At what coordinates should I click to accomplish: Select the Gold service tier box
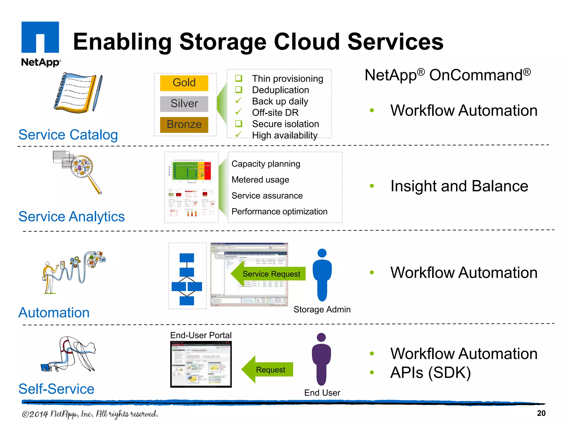pos(184,83)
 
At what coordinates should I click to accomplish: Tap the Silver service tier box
pos(184,104)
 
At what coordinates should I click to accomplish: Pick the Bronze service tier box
pos(184,125)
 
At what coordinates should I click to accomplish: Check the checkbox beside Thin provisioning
pos(238,78)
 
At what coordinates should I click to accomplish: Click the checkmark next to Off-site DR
pos(238,112)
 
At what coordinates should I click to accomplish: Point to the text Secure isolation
pos(285,124)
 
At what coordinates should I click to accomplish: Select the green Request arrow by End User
pos(267,369)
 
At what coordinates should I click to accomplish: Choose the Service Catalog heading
pos(68,135)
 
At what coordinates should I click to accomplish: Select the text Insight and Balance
pos(459,186)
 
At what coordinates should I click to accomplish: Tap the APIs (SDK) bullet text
pos(430,372)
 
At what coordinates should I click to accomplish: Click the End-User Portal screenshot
pos(201,364)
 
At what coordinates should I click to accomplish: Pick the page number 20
pos(541,413)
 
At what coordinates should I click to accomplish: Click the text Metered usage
pos(260,180)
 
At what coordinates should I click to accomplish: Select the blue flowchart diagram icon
pos(187,279)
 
